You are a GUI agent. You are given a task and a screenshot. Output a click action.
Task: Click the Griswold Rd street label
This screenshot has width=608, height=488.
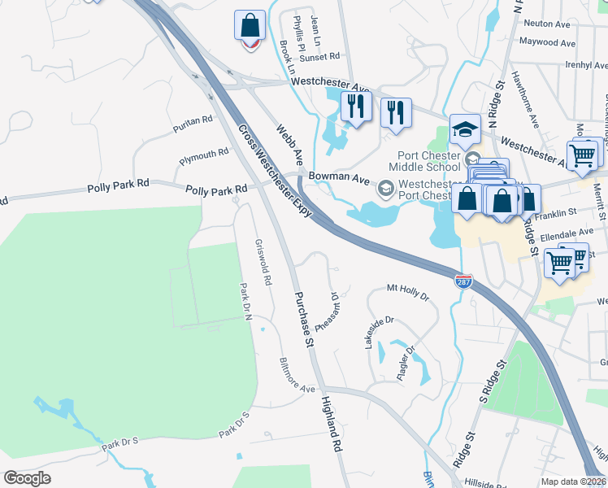click(263, 262)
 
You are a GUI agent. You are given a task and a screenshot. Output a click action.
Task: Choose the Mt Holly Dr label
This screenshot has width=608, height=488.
click(407, 291)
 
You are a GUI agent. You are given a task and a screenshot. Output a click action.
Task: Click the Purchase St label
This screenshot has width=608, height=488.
click(303, 320)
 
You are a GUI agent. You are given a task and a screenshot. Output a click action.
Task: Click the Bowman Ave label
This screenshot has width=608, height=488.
click(335, 176)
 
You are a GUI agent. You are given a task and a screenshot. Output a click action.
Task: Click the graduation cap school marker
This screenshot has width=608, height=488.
click(465, 129)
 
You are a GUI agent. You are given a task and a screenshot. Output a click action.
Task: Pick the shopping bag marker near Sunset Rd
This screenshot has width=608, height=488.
click(250, 26)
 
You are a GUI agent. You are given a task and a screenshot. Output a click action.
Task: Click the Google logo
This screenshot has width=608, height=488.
click(28, 478)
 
